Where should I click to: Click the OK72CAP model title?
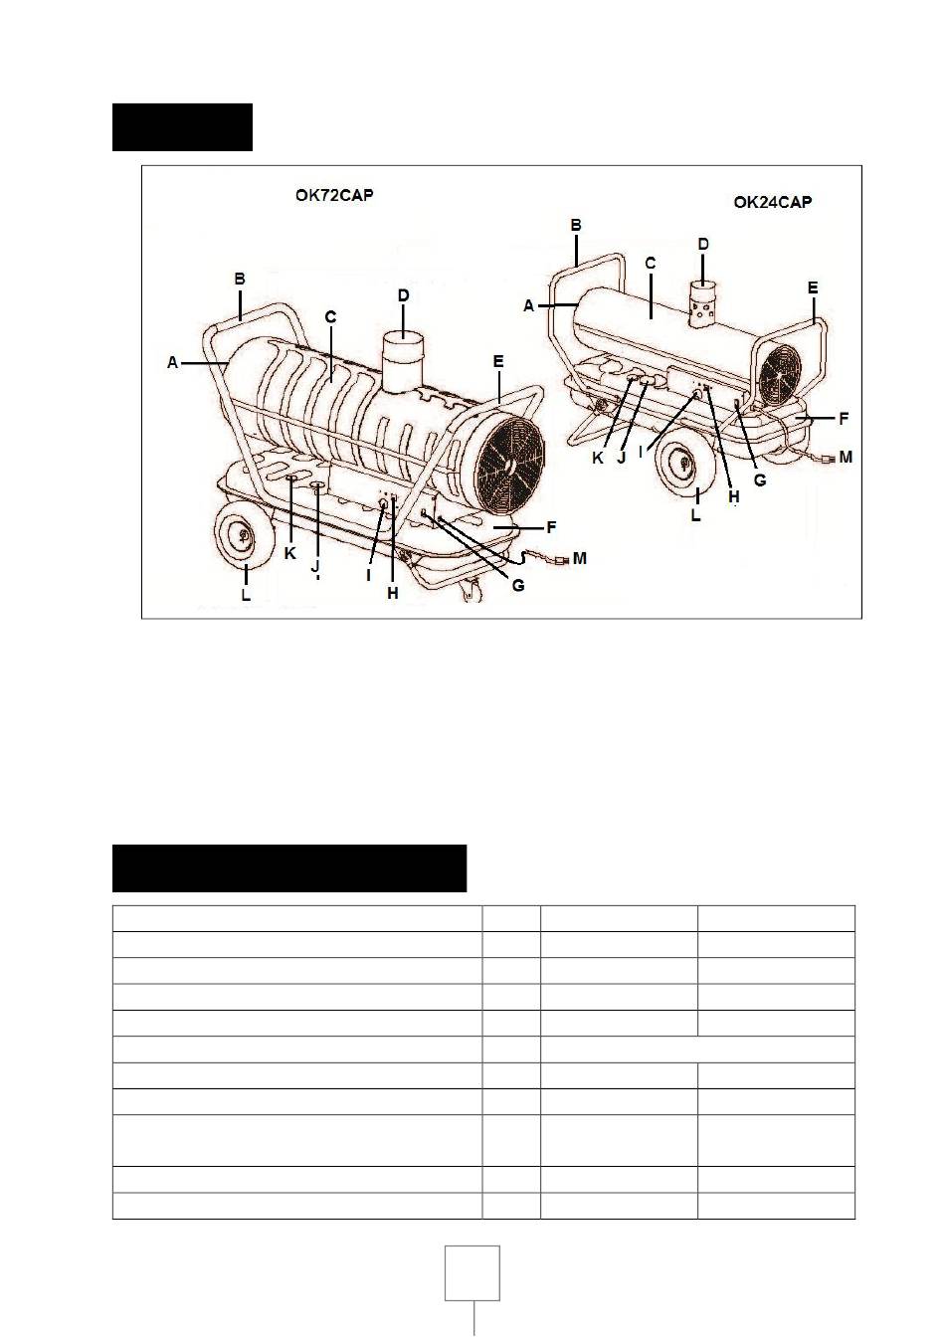334,195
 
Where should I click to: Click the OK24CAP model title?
773,202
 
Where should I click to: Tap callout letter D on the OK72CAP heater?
403,295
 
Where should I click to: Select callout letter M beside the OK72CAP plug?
579,558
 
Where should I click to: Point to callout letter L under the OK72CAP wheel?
246,595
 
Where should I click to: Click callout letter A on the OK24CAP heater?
528,306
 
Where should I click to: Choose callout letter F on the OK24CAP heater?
844,419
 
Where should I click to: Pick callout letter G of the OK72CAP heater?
518,586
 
